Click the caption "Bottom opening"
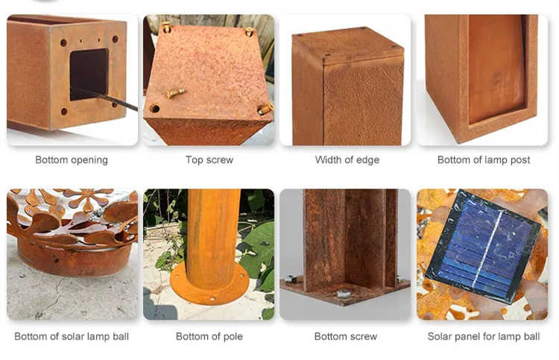pos(72,160)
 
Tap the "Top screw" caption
pos(209,160)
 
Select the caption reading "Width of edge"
pos(347,160)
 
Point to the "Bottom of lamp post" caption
pos(484,160)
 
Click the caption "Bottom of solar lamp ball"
pos(72,336)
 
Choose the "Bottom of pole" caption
pos(209,336)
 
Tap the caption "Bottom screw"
pos(346,336)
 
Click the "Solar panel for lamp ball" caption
pos(484,336)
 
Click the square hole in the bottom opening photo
pos(89,74)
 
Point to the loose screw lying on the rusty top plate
pos(176,93)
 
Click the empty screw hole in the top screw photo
pos(155,108)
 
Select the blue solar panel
pos(483,246)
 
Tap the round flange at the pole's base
pos(209,283)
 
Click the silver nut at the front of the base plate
pos(344,294)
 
